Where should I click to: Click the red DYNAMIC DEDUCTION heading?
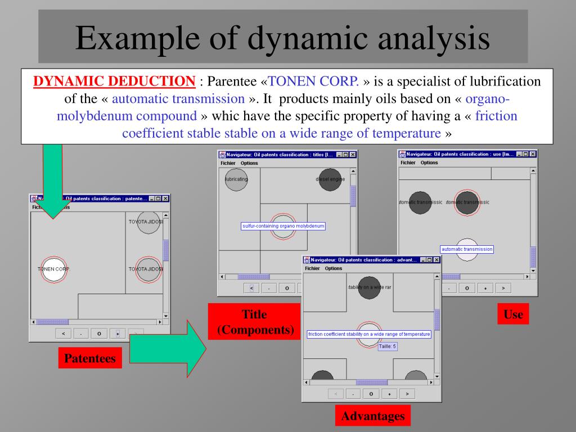click(x=115, y=81)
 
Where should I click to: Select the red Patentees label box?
click(x=90, y=358)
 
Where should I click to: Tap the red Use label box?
click(x=513, y=314)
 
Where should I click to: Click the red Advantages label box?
click(x=373, y=416)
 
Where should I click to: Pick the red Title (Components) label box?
click(x=254, y=322)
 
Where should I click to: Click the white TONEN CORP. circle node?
click(x=54, y=269)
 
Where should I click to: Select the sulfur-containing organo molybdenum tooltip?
click(x=283, y=226)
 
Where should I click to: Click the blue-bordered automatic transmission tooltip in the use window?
click(x=467, y=249)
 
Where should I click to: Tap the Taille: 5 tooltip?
click(x=388, y=346)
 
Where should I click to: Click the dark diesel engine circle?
click(x=330, y=179)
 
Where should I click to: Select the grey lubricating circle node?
click(x=236, y=179)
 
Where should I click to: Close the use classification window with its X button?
click(x=533, y=154)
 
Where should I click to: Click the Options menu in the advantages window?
click(x=334, y=268)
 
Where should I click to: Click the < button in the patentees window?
click(x=63, y=334)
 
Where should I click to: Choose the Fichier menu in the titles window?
click(x=228, y=163)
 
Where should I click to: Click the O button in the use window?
click(x=466, y=288)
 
